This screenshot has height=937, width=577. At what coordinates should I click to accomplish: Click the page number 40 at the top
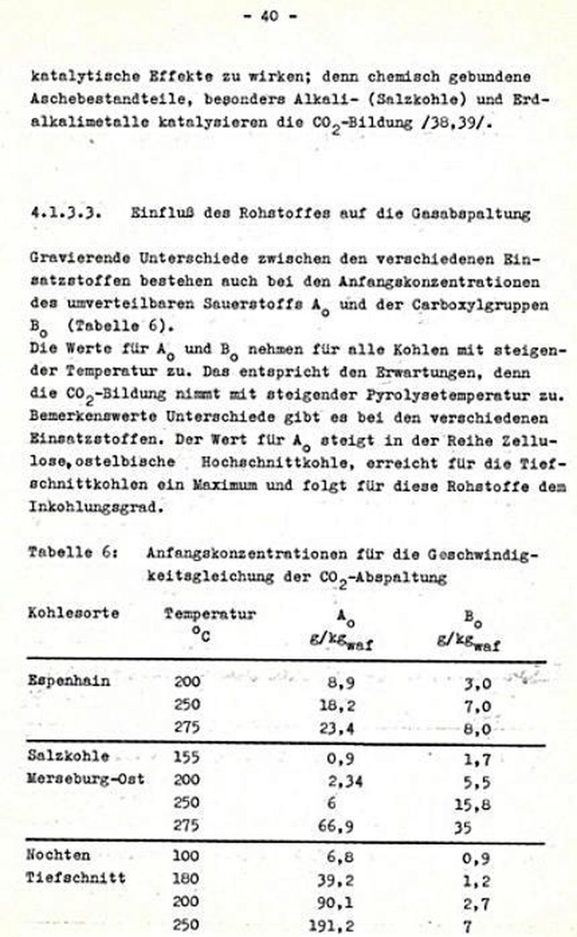coord(269,17)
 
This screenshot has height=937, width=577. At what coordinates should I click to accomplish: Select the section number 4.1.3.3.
coord(66,213)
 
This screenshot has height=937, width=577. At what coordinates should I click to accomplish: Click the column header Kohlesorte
coord(74,612)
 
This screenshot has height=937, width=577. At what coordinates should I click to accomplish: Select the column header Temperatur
coord(210,613)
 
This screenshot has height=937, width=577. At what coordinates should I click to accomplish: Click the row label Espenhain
coord(69,680)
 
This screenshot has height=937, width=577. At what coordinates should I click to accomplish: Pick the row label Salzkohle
coord(69,756)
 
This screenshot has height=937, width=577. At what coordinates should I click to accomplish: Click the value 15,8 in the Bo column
coord(473,804)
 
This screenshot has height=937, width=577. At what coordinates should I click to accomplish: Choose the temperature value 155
coord(186,757)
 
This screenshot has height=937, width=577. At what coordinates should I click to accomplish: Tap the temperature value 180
coord(186,878)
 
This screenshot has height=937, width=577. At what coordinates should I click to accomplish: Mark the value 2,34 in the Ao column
coord(346,781)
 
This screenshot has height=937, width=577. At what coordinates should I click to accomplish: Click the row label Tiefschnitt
coord(75,878)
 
